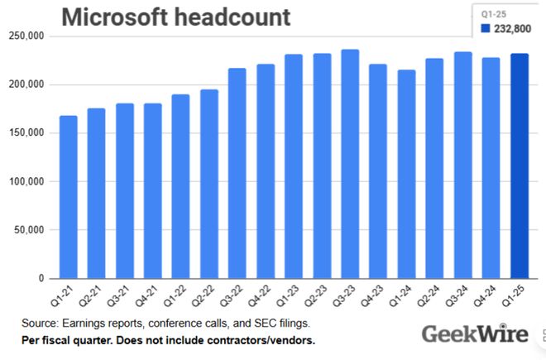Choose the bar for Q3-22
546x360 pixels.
(237, 173)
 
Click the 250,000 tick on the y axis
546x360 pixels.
(26, 36)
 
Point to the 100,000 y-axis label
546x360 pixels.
(26, 84)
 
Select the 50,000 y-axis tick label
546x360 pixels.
(29, 230)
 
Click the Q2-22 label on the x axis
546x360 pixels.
(206, 295)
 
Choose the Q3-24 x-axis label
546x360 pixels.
(460, 295)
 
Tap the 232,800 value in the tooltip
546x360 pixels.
(514, 29)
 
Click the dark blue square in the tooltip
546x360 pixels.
(486, 29)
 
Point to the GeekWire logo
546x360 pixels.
(467, 334)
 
